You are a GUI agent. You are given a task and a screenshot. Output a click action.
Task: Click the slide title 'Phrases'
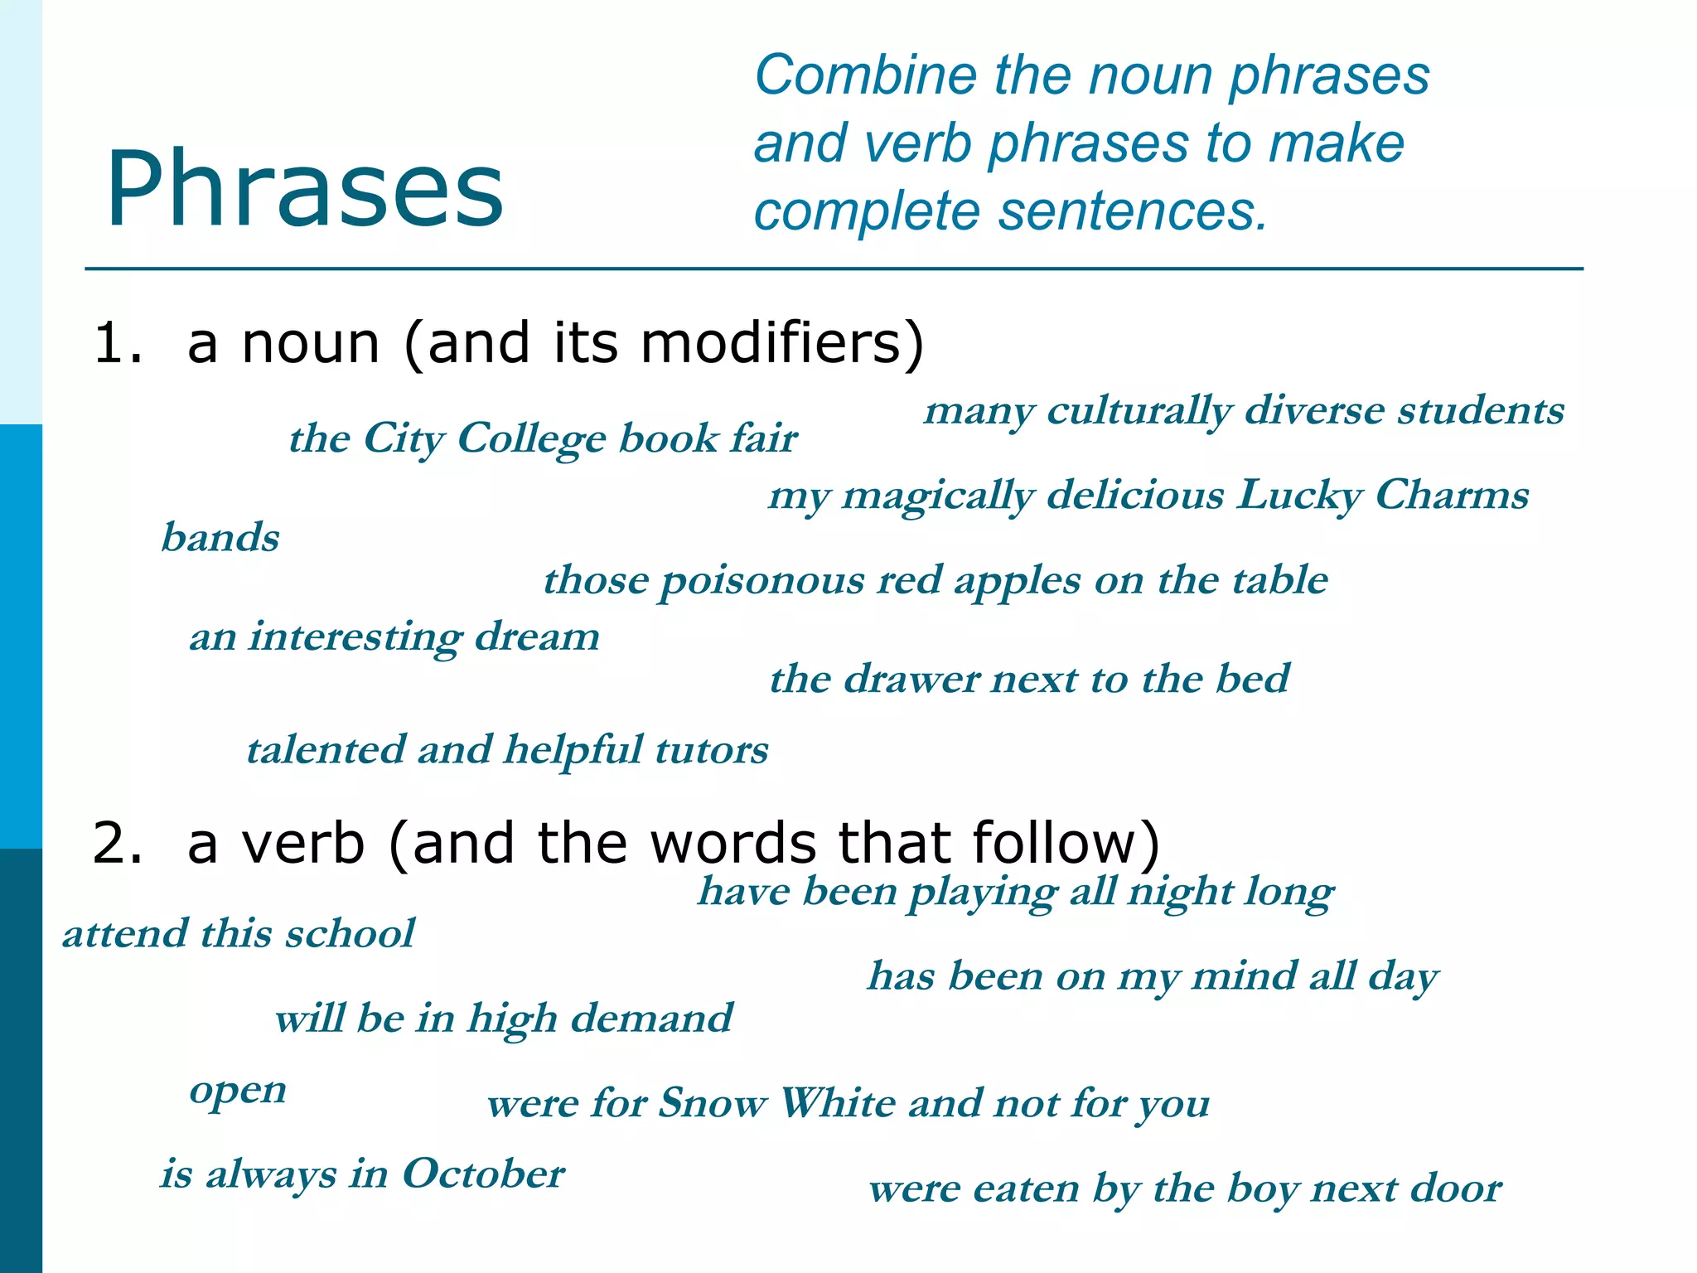(304, 189)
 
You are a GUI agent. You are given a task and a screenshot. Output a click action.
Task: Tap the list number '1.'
(118, 342)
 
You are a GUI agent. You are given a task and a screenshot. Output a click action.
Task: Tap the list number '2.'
(118, 843)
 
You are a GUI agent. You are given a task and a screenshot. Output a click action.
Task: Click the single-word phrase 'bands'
(220, 537)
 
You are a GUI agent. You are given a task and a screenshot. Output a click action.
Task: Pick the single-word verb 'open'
(238, 1091)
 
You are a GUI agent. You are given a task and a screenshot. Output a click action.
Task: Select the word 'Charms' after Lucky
(1452, 495)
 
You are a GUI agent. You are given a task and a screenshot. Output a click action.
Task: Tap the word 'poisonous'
(761, 580)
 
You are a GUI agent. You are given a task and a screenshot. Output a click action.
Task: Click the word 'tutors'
(712, 749)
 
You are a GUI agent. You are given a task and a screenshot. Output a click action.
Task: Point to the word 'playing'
(982, 893)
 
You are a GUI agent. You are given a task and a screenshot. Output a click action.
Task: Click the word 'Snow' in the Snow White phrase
(713, 1103)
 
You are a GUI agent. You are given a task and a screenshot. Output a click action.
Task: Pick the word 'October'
(483, 1174)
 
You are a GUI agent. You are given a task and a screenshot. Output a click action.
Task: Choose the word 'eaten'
(1026, 1188)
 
